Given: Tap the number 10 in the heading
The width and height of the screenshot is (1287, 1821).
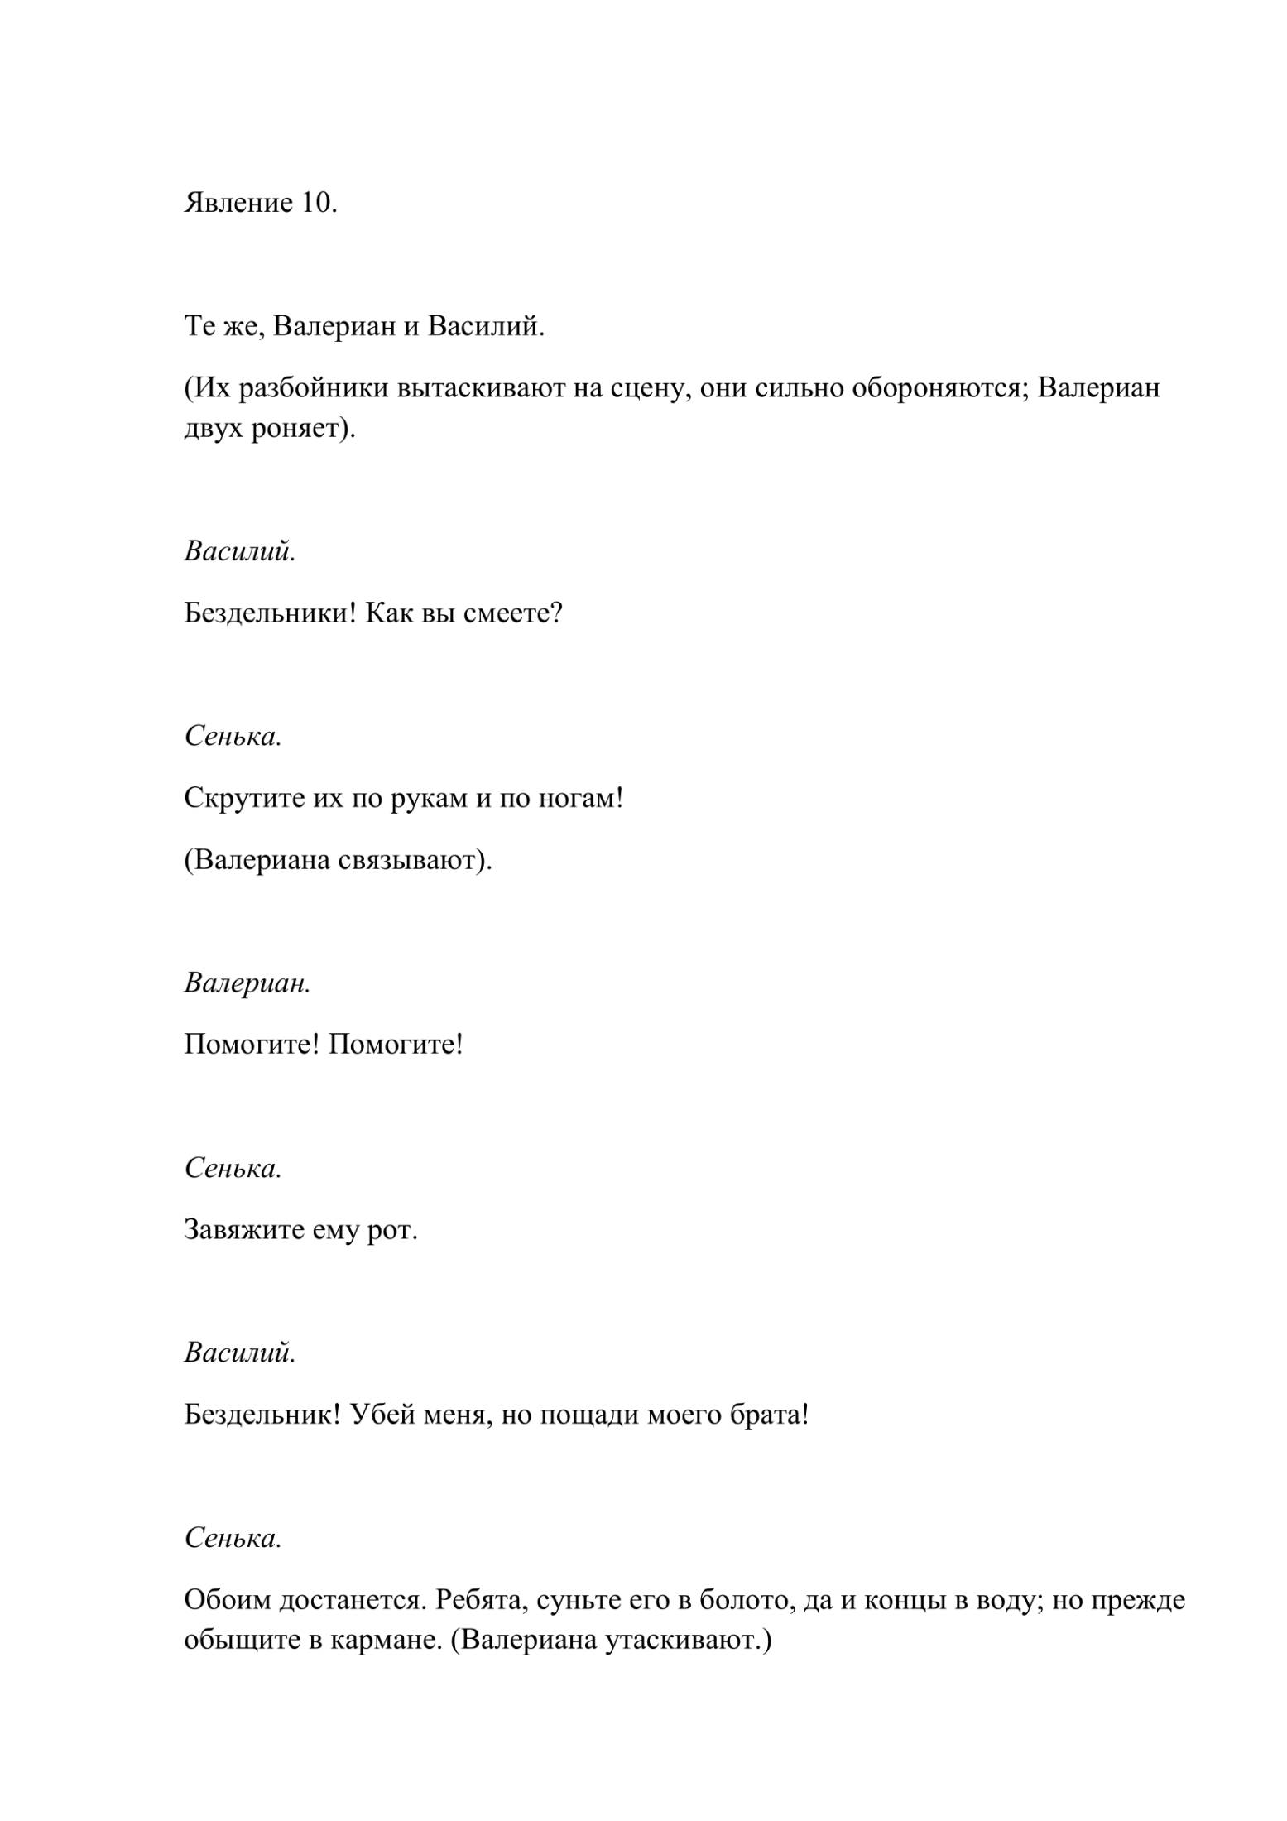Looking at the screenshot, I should [315, 203].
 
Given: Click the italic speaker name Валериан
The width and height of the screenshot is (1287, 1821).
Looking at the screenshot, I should [247, 983].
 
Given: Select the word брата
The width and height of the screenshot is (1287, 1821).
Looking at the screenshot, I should [770, 1415].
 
